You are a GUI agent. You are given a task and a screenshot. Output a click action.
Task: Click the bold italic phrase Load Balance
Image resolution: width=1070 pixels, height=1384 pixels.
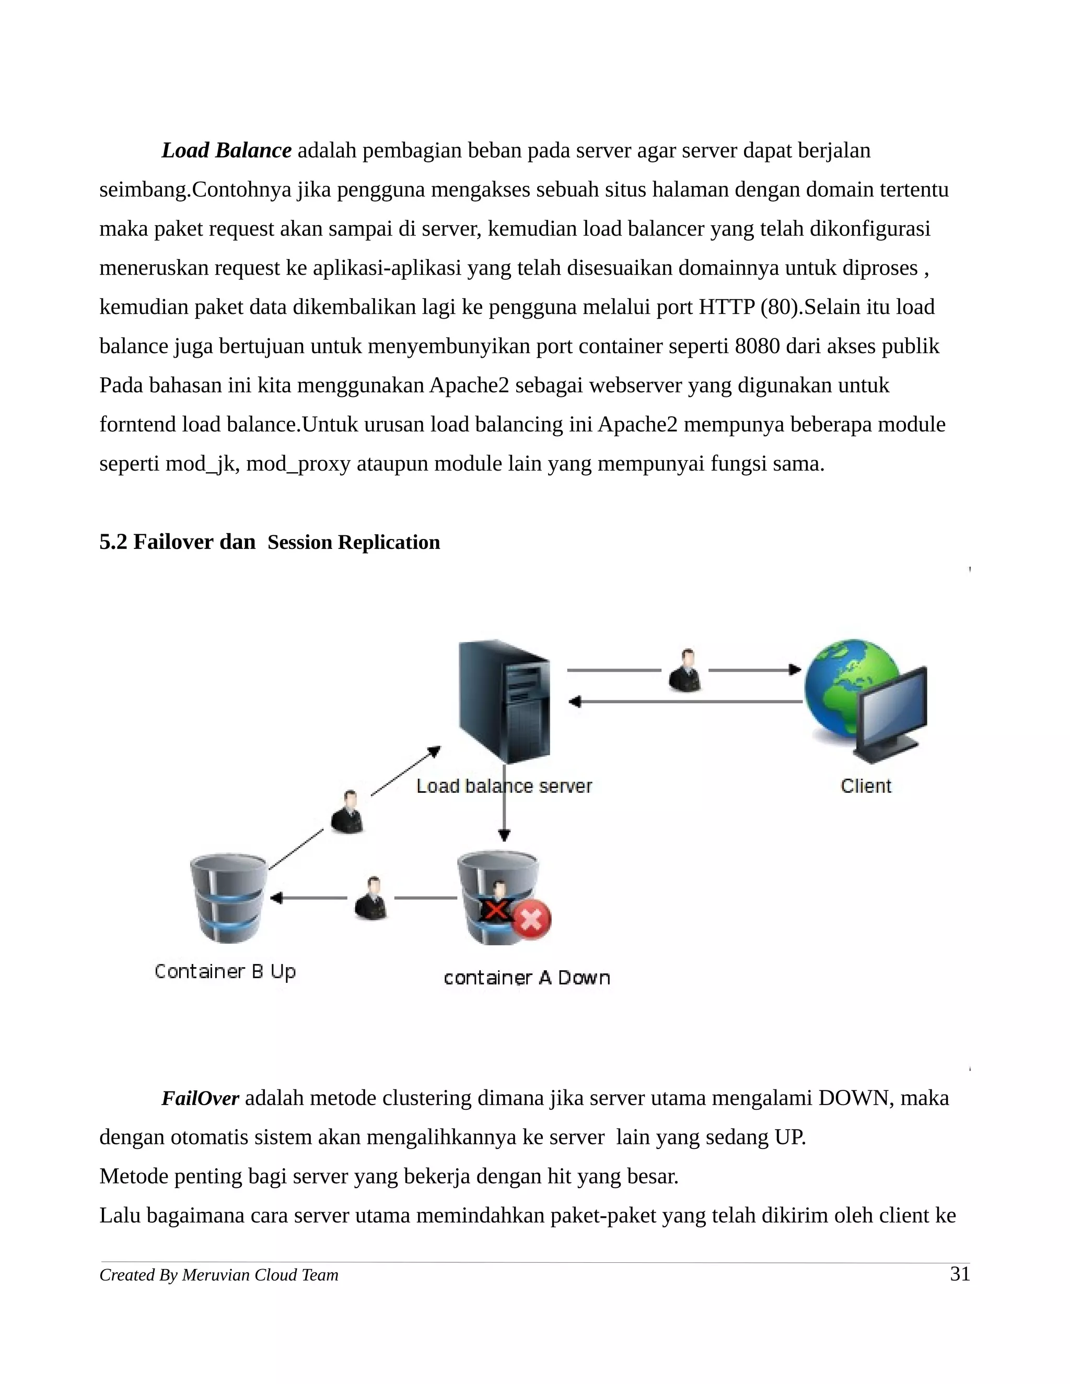click(226, 151)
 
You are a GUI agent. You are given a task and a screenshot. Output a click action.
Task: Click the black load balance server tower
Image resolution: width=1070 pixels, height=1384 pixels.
click(505, 701)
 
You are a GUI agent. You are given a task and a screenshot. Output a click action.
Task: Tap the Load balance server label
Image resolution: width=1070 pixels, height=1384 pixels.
click(504, 787)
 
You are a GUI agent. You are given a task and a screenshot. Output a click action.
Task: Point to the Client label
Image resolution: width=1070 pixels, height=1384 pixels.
click(866, 787)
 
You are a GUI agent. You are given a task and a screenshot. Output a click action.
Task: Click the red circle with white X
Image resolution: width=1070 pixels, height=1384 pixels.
click(531, 920)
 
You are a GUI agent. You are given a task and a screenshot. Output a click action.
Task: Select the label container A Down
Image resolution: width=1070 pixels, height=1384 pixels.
click(527, 978)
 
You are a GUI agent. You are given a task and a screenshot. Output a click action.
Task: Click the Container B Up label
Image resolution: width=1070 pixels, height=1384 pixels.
click(225, 971)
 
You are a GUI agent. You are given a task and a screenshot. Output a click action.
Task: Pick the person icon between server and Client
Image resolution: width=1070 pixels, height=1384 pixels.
click(685, 671)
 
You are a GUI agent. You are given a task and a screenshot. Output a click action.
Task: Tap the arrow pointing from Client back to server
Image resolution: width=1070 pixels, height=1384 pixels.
click(684, 701)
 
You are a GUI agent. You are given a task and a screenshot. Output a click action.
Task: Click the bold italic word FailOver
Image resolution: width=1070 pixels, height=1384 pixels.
click(200, 1098)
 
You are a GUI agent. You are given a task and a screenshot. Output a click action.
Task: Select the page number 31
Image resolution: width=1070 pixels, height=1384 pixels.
click(960, 1274)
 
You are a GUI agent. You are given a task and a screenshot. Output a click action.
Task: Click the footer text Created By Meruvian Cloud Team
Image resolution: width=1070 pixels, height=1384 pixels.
click(219, 1275)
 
